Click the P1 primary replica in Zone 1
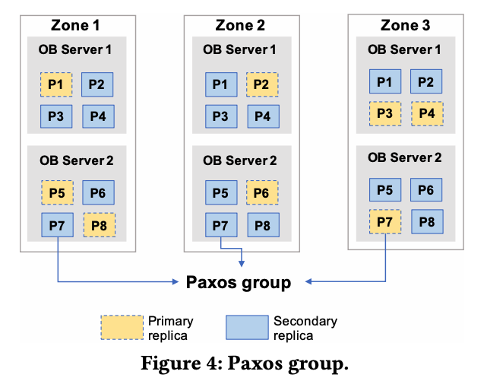coord(56,84)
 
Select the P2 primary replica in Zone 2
coord(262,84)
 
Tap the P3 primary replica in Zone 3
coord(385,114)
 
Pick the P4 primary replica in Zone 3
coord(426,114)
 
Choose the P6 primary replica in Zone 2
coord(262,192)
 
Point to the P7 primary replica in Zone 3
coord(385,222)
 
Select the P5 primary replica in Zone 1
coord(56,192)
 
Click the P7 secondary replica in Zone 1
coord(56,225)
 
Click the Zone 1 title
coord(74,25)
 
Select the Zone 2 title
coord(239,25)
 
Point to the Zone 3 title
coord(404,25)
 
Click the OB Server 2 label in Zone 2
coord(239,160)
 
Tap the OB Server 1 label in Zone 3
coord(404,50)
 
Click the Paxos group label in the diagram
coord(239,283)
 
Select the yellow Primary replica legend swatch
coord(122,327)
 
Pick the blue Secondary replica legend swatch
coord(247,327)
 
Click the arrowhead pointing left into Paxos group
coord(309,283)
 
